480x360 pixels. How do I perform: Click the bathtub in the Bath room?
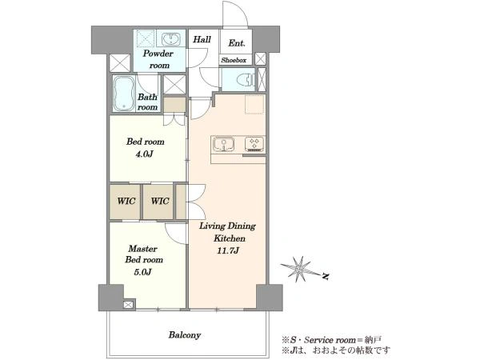pyautogui.click(x=124, y=94)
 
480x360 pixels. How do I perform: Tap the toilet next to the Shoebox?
pyautogui.click(x=246, y=79)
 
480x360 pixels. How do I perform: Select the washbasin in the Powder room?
pyautogui.click(x=170, y=39)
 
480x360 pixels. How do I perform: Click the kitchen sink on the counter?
pyautogui.click(x=224, y=144)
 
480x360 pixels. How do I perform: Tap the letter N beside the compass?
pyautogui.click(x=326, y=276)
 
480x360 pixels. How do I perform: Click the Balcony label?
pyautogui.click(x=185, y=335)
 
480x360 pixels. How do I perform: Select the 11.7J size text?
pyautogui.click(x=228, y=250)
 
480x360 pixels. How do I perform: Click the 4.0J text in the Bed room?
pyautogui.click(x=145, y=154)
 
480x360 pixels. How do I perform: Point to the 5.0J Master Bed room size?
pyautogui.click(x=142, y=271)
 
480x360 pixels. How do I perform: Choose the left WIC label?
pyautogui.click(x=126, y=201)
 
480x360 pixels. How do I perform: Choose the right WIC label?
pyautogui.click(x=160, y=201)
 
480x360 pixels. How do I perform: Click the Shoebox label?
pyautogui.click(x=234, y=60)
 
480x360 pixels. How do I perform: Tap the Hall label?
pyautogui.click(x=202, y=39)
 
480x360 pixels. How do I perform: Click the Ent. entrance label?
pyautogui.click(x=237, y=43)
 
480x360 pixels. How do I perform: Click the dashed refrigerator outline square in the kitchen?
pyautogui.click(x=254, y=104)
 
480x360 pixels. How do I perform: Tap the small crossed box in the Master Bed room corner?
pyautogui.click(x=129, y=304)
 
